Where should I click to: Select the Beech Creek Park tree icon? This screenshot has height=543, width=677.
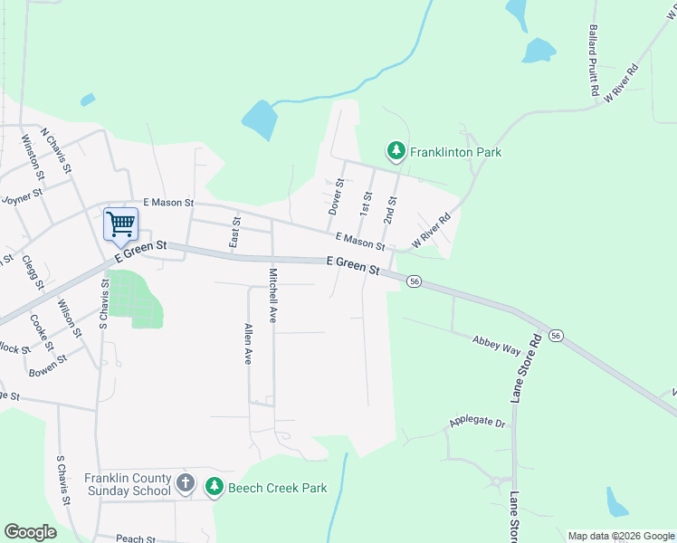[215, 487]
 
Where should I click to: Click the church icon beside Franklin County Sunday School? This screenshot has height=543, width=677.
[186, 482]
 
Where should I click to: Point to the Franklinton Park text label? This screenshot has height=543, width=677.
[455, 152]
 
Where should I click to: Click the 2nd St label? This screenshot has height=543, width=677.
[391, 210]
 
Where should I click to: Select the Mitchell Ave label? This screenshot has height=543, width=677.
[272, 295]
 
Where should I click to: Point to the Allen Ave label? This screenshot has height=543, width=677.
[247, 344]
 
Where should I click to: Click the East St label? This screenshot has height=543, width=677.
[235, 233]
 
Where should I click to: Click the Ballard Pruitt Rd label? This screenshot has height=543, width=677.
[594, 61]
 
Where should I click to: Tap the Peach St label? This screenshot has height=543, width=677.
[136, 538]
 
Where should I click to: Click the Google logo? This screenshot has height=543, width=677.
[30, 531]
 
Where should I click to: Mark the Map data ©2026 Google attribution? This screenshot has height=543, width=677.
[620, 536]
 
